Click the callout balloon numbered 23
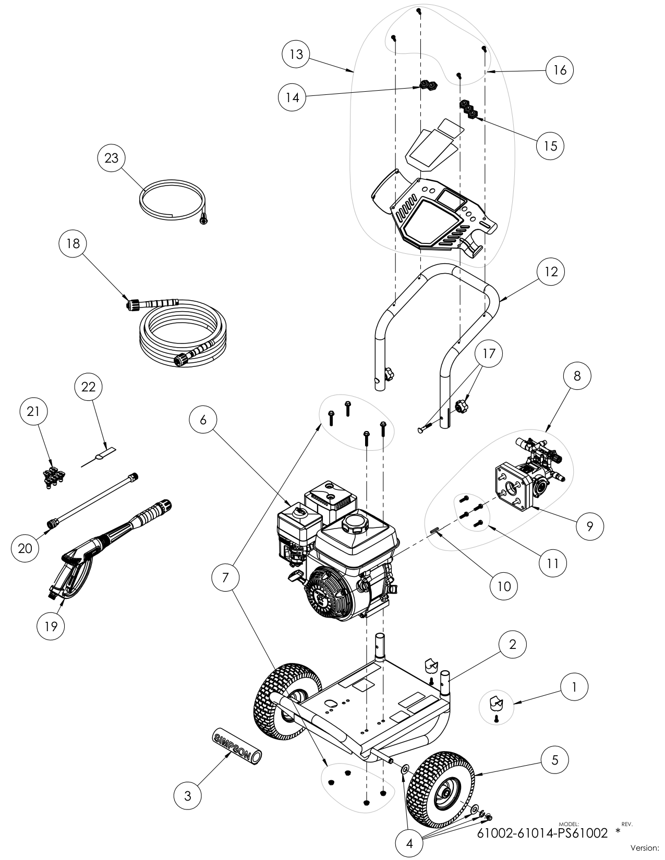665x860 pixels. [x=112, y=158]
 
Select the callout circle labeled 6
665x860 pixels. [x=203, y=420]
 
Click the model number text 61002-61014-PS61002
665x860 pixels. [x=542, y=833]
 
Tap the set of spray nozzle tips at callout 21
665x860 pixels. [x=51, y=477]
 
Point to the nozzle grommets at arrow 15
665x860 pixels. [x=468, y=110]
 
